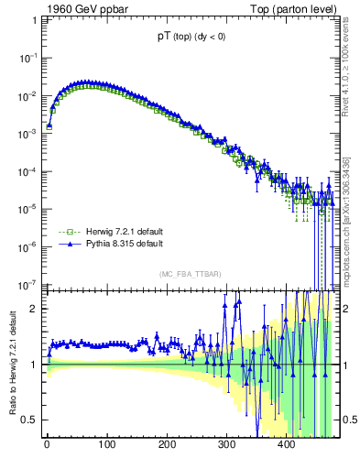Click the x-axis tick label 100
pyautogui.click(x=106, y=445)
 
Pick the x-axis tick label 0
pyautogui.click(x=47, y=445)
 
